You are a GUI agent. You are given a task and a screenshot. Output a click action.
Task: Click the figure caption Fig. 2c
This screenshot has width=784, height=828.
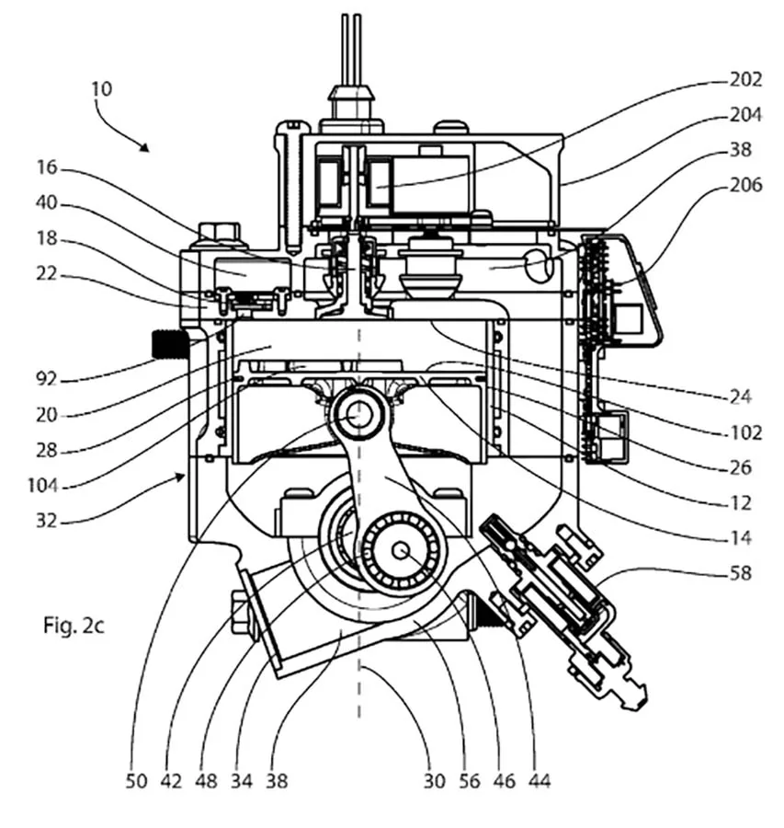pyautogui.click(x=74, y=626)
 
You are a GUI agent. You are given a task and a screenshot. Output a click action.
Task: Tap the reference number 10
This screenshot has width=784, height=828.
pyautogui.click(x=102, y=88)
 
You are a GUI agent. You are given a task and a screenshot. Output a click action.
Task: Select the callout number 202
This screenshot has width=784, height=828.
pyautogui.click(x=746, y=80)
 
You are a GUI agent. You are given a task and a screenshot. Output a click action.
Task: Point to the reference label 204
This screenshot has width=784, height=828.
pyautogui.click(x=746, y=115)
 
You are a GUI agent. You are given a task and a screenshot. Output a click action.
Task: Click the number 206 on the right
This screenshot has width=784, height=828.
pyautogui.click(x=746, y=185)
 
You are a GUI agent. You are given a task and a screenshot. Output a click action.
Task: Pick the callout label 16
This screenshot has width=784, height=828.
pyautogui.click(x=46, y=167)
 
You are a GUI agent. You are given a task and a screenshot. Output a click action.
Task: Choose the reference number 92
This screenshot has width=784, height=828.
pyautogui.click(x=46, y=379)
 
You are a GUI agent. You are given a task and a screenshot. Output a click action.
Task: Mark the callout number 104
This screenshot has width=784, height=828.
pyautogui.click(x=42, y=485)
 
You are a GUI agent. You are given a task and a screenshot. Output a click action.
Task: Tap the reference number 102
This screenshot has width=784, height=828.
pyautogui.click(x=746, y=433)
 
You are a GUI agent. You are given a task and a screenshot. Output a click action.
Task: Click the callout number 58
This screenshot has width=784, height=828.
pyautogui.click(x=740, y=573)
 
